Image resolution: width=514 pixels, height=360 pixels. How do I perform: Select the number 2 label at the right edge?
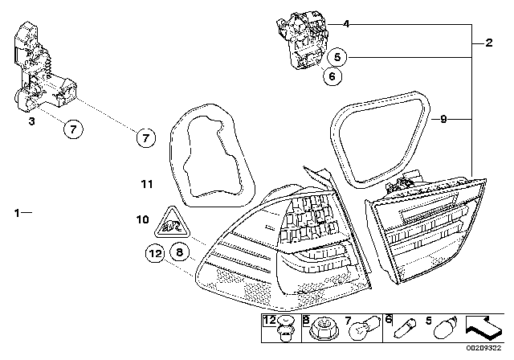point(489,42)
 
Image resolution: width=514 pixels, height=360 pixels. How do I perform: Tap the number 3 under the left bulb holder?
point(31,121)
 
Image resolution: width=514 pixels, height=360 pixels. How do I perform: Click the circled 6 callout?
point(331,77)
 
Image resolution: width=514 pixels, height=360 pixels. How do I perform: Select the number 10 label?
point(142,219)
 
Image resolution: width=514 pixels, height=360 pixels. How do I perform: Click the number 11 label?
point(145,184)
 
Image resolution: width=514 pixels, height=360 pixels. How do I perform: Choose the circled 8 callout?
point(179,252)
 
